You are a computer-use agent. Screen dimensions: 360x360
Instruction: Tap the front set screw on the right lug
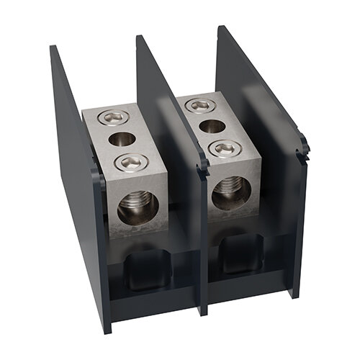click(x=223, y=148)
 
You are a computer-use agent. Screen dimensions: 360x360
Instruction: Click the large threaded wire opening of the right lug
click(x=231, y=192)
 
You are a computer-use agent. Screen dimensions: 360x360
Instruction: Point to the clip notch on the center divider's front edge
click(x=204, y=167)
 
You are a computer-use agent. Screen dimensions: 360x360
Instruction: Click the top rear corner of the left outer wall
click(x=53, y=48)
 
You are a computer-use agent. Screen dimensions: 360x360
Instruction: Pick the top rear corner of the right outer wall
click(x=219, y=28)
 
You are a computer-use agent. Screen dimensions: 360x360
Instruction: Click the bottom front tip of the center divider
click(x=204, y=312)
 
